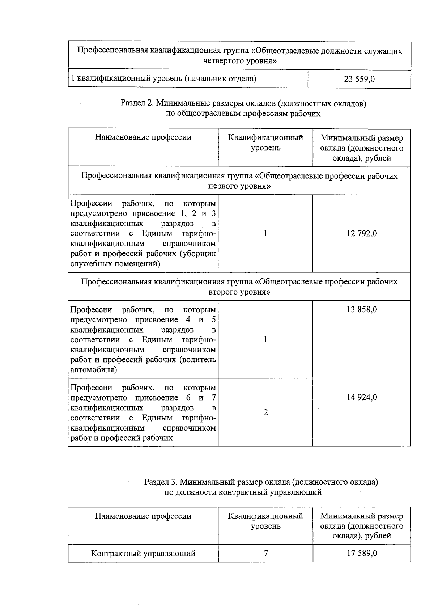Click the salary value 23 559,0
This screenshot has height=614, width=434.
pyautogui.click(x=359, y=79)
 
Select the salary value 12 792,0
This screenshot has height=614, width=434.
pyautogui.click(x=361, y=233)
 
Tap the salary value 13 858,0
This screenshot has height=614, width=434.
pyautogui.click(x=361, y=309)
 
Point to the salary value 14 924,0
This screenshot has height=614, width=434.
pyautogui.click(x=361, y=397)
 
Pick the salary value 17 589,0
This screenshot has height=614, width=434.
pyautogui.click(x=361, y=553)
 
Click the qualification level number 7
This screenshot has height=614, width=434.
pyautogui.click(x=265, y=553)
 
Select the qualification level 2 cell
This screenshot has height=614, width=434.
pyautogui.click(x=265, y=412)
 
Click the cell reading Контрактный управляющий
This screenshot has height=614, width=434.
pyautogui.click(x=143, y=553)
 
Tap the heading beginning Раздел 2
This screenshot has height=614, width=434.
pyautogui.click(x=243, y=109)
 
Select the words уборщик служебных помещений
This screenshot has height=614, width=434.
pyautogui.click(x=143, y=259)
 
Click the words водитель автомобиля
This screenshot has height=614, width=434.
pyautogui.click(x=143, y=365)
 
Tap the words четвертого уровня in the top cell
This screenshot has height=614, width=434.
pyautogui.click(x=239, y=61)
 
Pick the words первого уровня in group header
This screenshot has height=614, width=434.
pyautogui.click(x=239, y=186)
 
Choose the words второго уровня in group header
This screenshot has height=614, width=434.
pyautogui.click(x=239, y=292)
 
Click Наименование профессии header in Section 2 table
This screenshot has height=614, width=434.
pyautogui.click(x=143, y=137)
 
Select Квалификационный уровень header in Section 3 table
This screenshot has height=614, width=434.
pyautogui.click(x=265, y=521)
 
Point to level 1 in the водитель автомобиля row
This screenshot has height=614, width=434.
pyautogui.click(x=265, y=339)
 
